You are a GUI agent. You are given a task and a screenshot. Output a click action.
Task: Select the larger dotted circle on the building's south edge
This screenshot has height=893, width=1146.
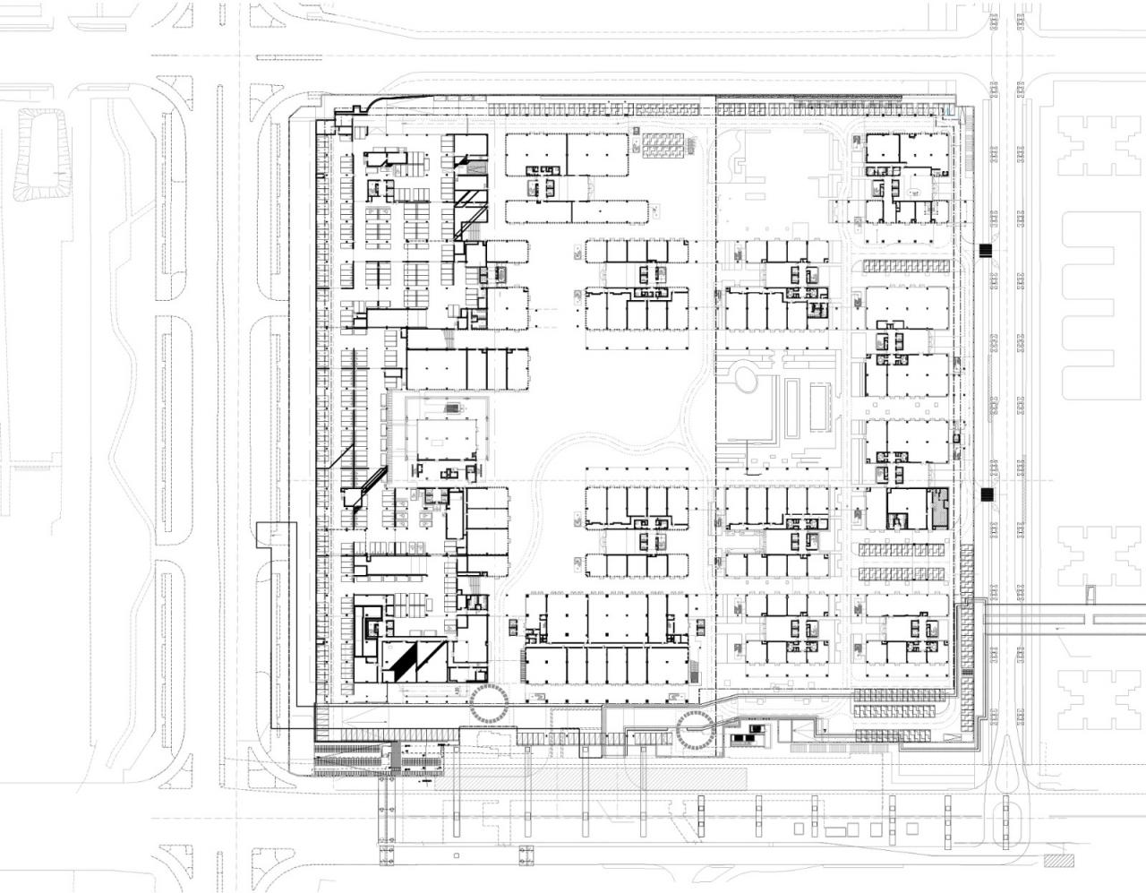(x=488, y=703)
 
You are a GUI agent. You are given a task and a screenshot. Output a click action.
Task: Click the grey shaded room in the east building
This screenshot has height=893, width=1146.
(x=938, y=509)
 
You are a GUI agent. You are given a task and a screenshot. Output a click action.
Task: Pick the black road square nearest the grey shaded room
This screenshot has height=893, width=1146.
(x=987, y=494)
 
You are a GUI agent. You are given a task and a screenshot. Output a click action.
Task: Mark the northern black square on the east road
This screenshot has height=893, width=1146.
(x=987, y=251)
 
